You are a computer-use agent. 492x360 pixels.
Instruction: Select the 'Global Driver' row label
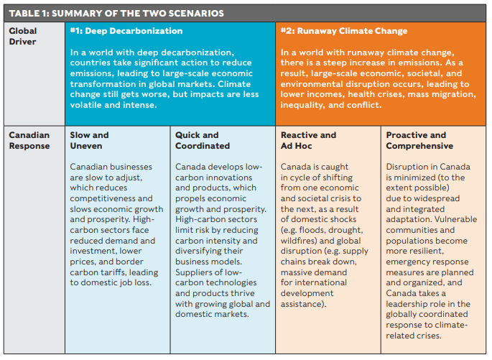tap(22, 37)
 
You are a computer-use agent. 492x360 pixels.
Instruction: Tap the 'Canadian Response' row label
tap(28, 140)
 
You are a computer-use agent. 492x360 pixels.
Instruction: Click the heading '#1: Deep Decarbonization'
tap(126, 32)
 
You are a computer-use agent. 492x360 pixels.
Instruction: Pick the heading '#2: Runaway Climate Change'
tap(344, 32)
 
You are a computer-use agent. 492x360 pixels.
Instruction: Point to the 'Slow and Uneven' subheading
tap(89, 140)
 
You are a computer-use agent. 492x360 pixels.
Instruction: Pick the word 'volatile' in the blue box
tap(88, 105)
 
